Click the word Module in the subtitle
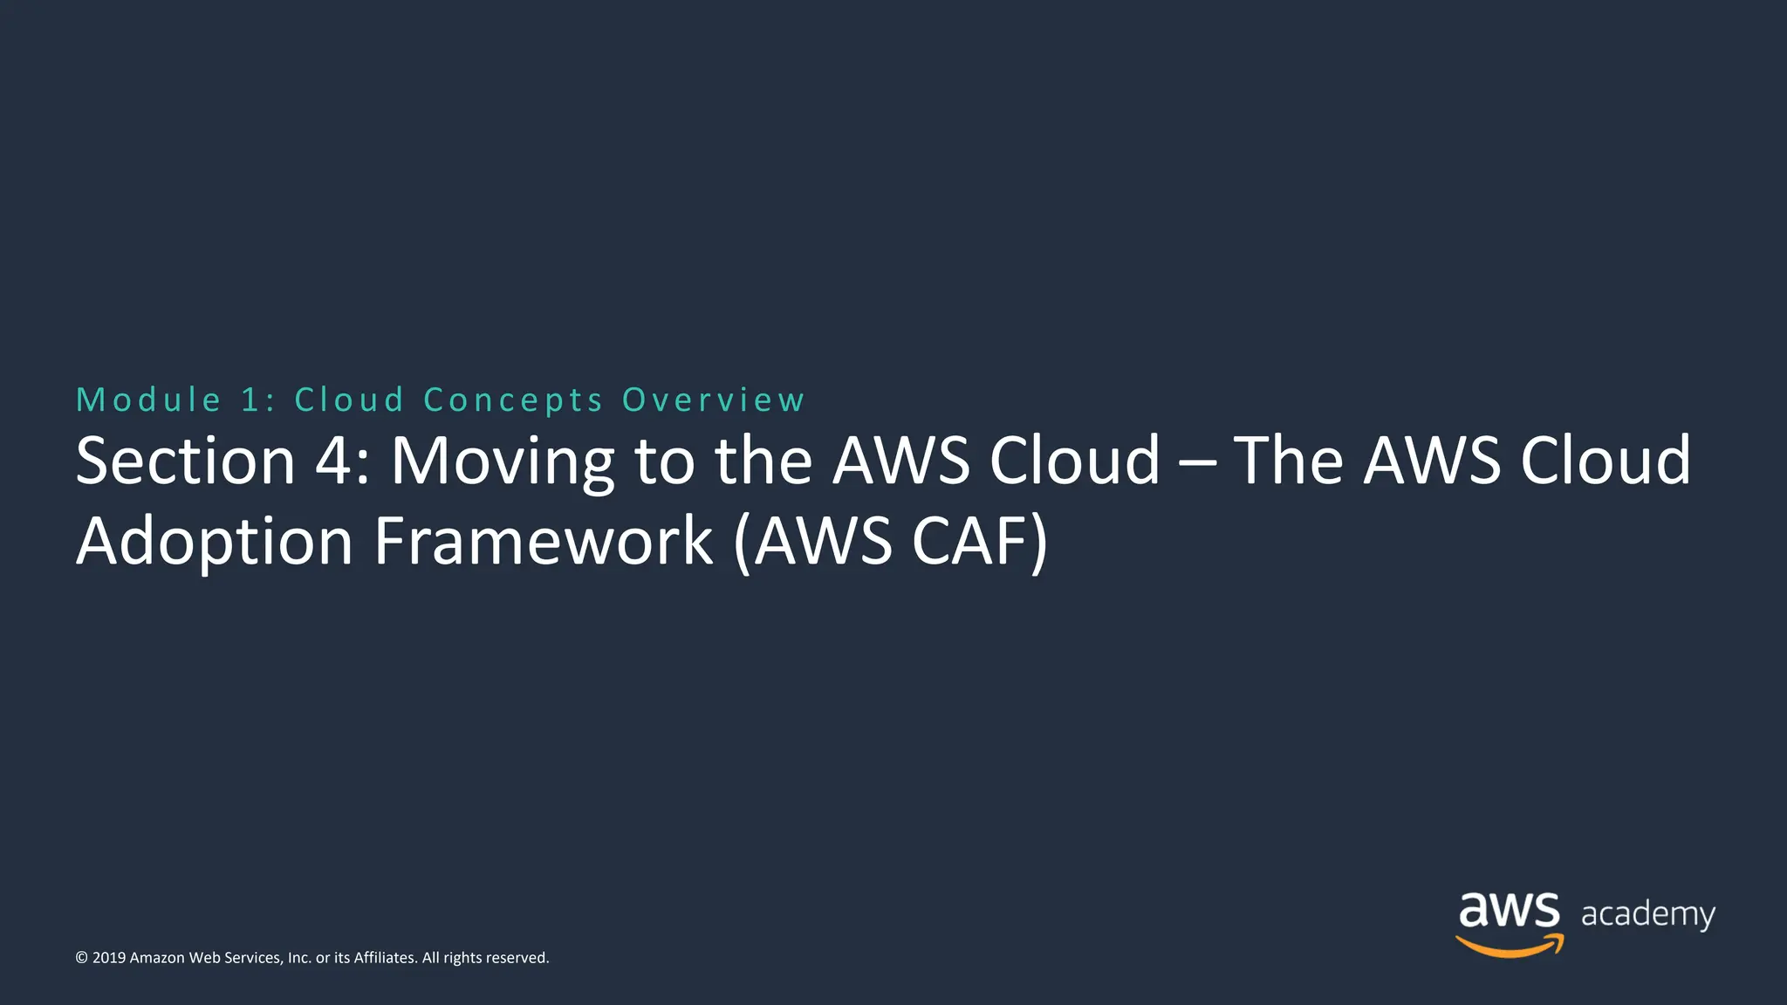(x=148, y=400)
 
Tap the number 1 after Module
(x=251, y=400)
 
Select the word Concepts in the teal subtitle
(x=513, y=400)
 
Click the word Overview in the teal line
(x=713, y=400)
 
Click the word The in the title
(x=1288, y=461)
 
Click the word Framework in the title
(x=544, y=541)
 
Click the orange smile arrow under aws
(x=1510, y=946)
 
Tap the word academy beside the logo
(x=1647, y=914)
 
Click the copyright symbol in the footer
(x=82, y=958)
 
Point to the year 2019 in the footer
(x=109, y=958)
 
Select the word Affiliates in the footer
(x=384, y=958)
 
